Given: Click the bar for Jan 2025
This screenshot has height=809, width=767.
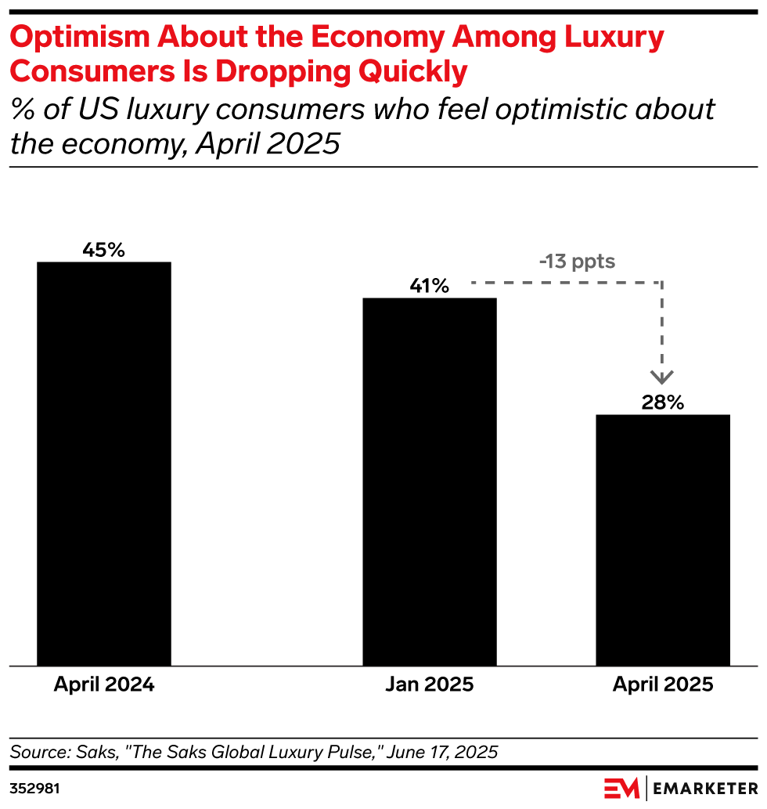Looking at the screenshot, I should (x=430, y=482).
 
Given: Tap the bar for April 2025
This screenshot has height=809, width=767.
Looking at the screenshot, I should (x=663, y=540).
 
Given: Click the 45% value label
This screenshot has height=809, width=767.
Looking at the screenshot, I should (x=104, y=251).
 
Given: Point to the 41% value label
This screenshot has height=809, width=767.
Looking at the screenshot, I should (x=429, y=287).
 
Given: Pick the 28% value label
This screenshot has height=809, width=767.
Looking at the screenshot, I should (x=663, y=403).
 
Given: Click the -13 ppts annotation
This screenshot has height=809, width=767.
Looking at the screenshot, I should (x=577, y=262).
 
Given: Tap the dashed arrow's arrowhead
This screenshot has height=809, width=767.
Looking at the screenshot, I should (x=663, y=377).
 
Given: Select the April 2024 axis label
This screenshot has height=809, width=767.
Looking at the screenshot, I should (x=104, y=684).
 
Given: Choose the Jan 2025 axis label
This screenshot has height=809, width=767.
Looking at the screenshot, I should (x=430, y=684).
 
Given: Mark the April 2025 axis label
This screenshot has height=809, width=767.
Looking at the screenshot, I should (x=663, y=684).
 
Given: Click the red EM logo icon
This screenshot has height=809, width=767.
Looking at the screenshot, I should (x=621, y=787).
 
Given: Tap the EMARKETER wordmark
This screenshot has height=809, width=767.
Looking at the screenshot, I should (x=704, y=787).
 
